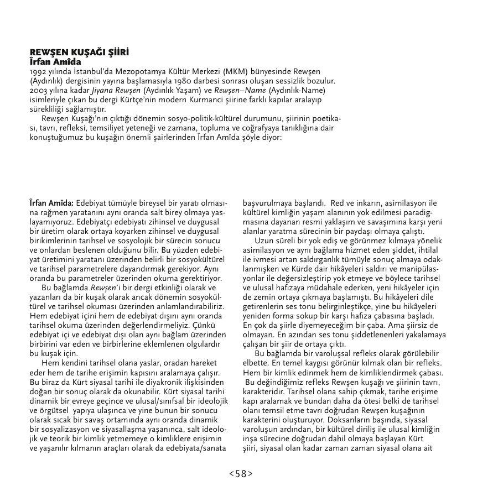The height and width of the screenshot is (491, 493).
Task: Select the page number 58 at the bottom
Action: click(241, 473)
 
